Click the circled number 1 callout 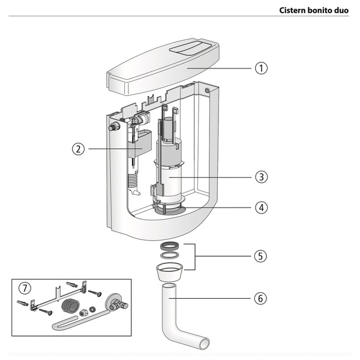tap(260, 68)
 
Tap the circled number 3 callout tap(260, 177)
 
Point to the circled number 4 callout tap(260, 208)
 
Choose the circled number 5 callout tap(260, 256)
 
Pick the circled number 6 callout tap(260, 298)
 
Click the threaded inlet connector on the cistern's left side tap(112, 127)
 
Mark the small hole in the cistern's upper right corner tap(208, 91)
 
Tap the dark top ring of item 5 tap(170, 247)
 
